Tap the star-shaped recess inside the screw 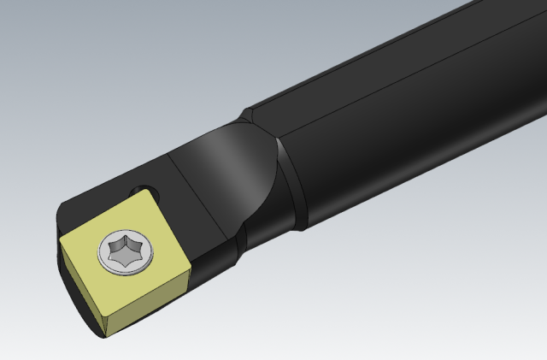(126, 252)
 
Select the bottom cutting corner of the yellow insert (103, 336)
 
